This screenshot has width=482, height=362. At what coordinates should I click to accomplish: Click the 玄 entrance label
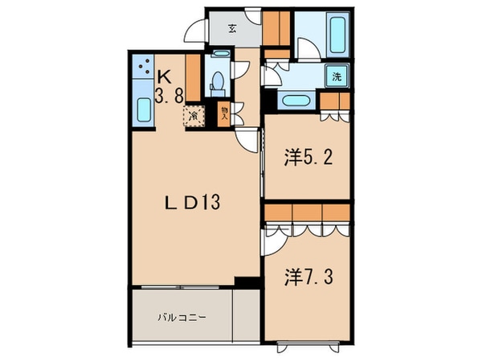(231, 30)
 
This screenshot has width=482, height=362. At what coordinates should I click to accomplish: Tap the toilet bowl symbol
(217, 81)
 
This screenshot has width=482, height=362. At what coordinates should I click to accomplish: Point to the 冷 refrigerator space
(194, 117)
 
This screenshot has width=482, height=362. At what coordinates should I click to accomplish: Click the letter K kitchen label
(164, 77)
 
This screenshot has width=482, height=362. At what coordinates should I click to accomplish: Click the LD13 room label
(193, 203)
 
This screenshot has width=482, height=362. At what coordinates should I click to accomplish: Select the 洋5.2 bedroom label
(308, 156)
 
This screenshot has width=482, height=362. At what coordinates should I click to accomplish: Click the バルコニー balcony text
(182, 317)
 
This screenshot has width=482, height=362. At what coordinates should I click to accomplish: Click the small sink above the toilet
(219, 56)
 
